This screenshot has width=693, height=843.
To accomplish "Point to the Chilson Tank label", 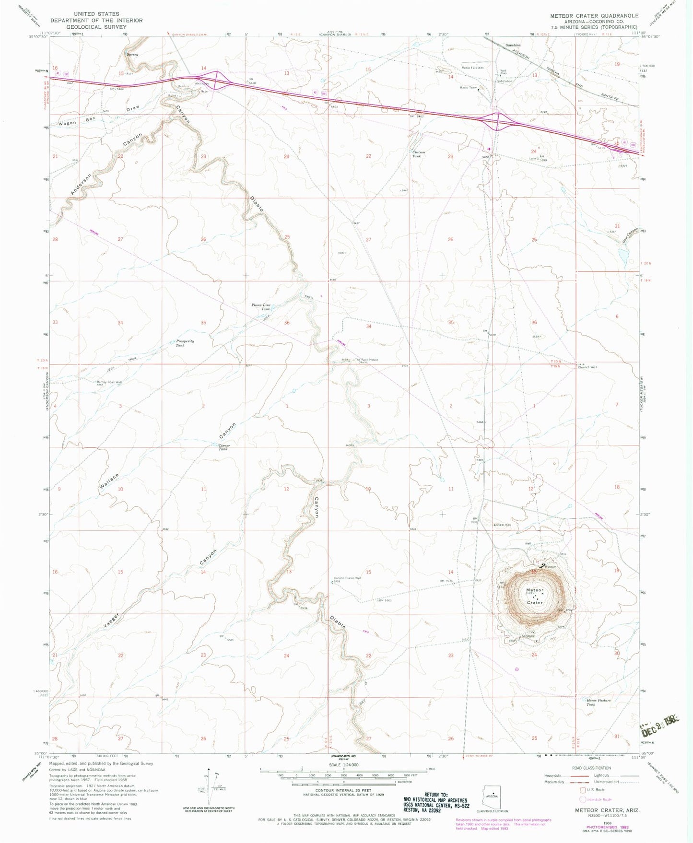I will tap(419, 154).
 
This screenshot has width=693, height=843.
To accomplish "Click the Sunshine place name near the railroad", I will tap(513, 45).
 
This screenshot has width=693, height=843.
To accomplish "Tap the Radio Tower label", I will tap(469, 88).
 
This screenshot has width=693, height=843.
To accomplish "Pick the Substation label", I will tap(505, 81).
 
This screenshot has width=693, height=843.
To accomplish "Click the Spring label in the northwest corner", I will tap(132, 54).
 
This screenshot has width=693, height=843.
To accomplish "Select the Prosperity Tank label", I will tap(184, 343).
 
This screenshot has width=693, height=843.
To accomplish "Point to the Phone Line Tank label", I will tap(261, 307).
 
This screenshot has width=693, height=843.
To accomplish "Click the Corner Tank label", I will tap(224, 447).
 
